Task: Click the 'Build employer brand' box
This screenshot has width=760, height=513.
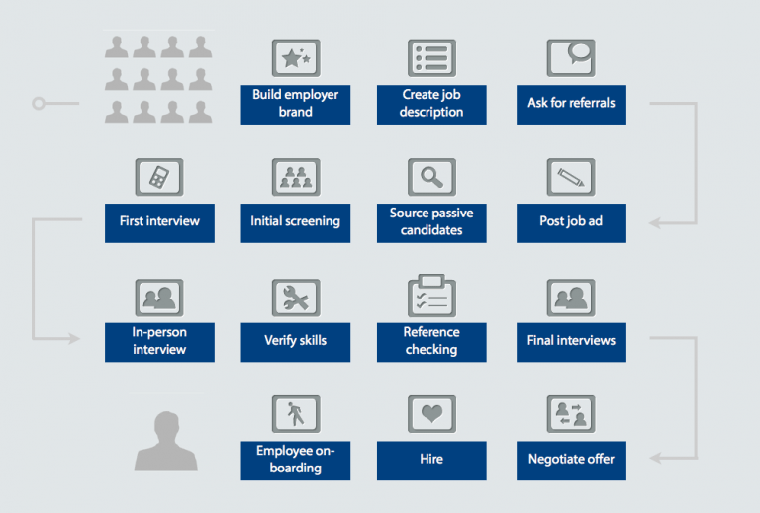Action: point(295,104)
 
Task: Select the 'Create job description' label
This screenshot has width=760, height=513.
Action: point(431,104)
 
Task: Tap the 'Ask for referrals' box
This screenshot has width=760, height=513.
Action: point(571,104)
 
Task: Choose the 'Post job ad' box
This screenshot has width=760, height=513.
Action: point(571,222)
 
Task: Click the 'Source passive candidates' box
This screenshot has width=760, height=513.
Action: point(431,222)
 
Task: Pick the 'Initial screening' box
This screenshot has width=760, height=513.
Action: point(295,222)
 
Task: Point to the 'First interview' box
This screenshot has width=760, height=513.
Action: point(159,222)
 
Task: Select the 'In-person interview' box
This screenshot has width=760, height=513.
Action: point(159,341)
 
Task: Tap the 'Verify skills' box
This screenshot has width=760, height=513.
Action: point(295,341)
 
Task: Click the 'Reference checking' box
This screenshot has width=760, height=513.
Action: point(431,341)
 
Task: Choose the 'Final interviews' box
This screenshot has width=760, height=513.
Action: point(571,341)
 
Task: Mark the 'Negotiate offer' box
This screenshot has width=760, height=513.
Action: point(571,460)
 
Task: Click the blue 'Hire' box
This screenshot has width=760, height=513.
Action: point(431,460)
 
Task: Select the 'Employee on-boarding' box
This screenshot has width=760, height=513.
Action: point(295,460)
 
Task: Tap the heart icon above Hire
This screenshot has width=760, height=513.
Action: point(431,413)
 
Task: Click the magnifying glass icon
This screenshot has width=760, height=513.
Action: point(431,177)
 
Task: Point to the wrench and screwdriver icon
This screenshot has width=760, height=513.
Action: point(295,297)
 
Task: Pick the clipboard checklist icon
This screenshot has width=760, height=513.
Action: point(431,295)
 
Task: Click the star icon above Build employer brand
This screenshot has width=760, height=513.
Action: point(295,58)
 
